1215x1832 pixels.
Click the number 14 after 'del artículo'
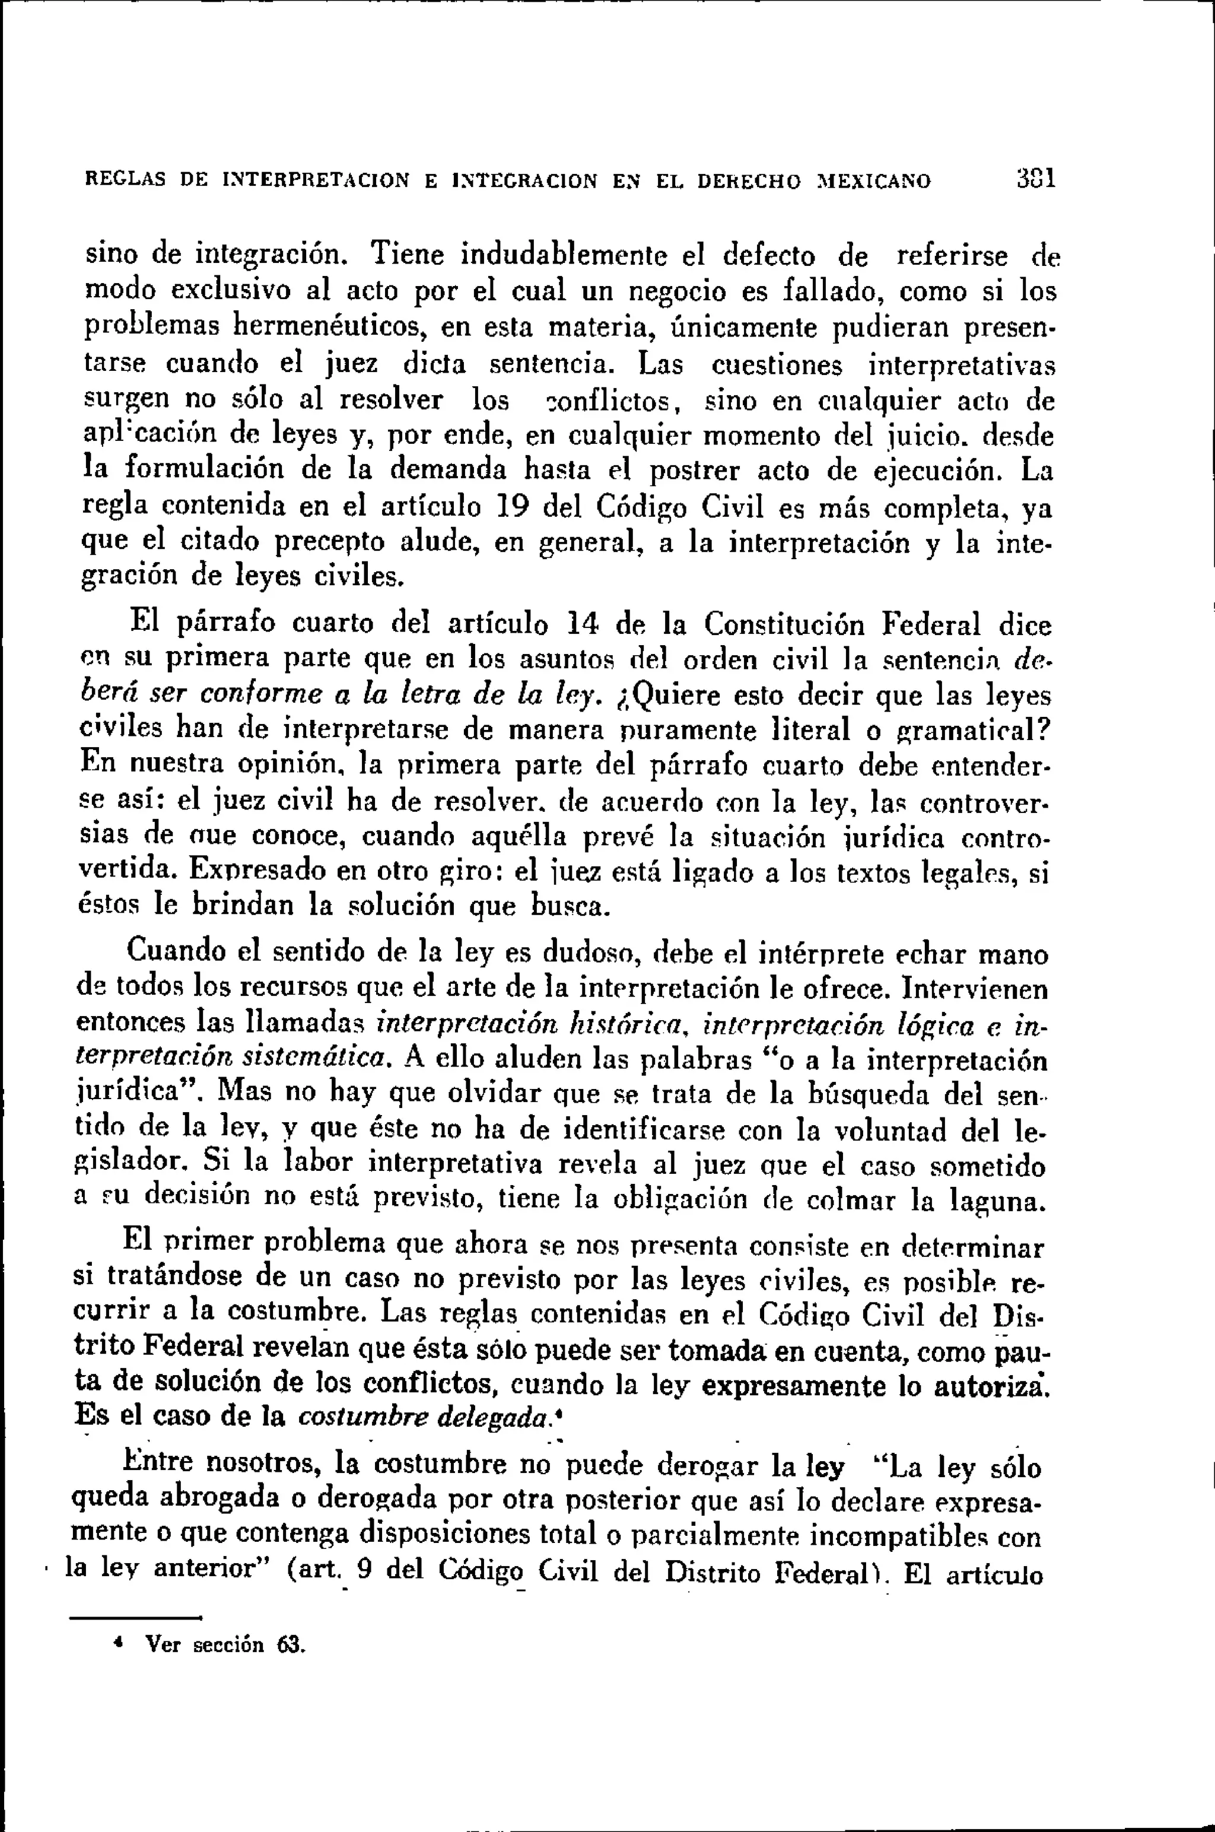(581, 623)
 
